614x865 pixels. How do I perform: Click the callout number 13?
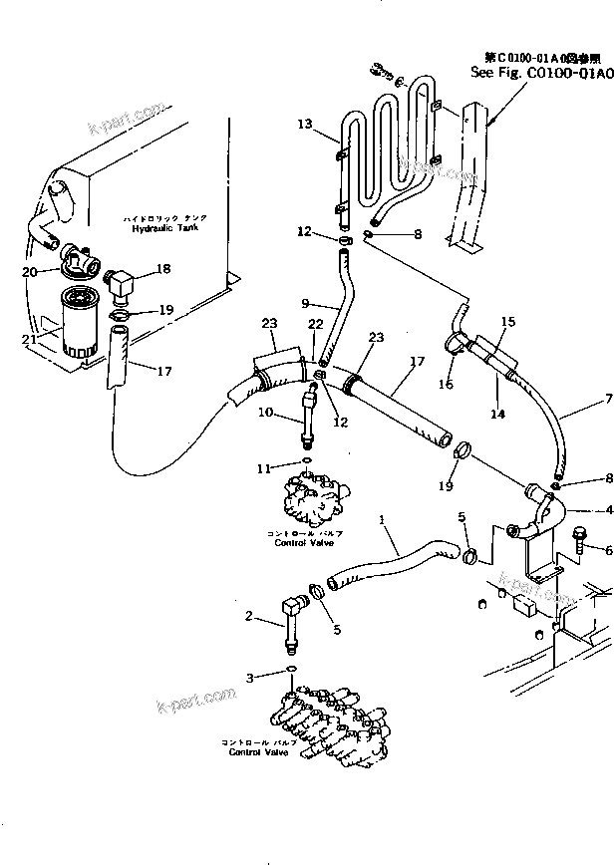pos(304,124)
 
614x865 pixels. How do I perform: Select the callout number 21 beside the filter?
pos(31,340)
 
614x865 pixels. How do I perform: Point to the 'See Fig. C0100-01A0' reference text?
pos(540,72)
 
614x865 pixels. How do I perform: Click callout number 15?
pos(508,322)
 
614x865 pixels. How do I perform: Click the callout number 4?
pos(607,510)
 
